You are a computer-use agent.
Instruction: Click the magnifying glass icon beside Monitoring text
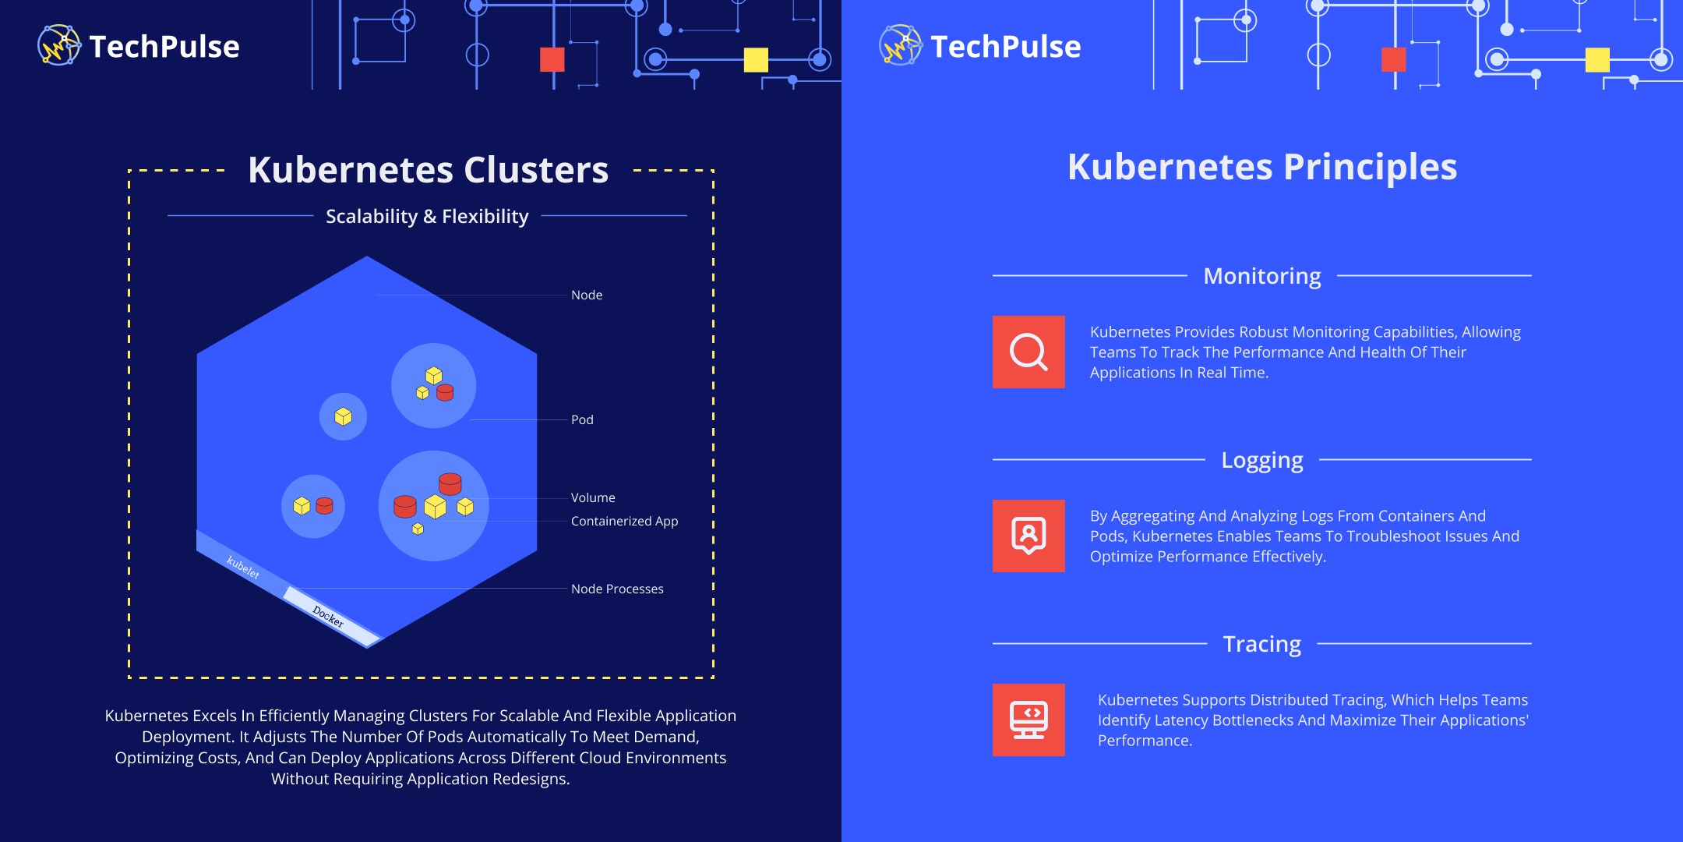coord(1028,352)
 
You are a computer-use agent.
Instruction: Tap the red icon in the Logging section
coord(1028,536)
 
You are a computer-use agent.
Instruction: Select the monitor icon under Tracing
coord(1028,720)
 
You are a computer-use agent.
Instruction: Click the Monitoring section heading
coord(1262,276)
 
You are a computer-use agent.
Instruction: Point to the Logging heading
coord(1262,460)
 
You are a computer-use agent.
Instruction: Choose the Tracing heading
coord(1262,644)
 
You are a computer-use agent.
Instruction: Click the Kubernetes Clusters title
coord(428,170)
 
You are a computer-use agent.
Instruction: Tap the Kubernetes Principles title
coord(1262,167)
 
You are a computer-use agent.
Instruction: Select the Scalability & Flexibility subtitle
coord(427,216)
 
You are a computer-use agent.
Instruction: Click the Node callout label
coord(587,295)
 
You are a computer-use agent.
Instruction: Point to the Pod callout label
coord(582,419)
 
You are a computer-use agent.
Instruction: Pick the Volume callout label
coord(593,497)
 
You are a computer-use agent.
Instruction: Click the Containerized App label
coord(624,521)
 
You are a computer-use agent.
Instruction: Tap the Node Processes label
coord(617,589)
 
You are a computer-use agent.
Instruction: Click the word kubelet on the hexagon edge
coord(243,567)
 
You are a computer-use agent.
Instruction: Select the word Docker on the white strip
coord(328,616)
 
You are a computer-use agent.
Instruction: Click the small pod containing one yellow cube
coord(343,417)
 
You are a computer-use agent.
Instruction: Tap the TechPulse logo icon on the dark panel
coord(58,45)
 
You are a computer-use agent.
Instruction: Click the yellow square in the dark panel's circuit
coord(756,60)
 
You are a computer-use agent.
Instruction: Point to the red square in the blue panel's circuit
coord(1394,60)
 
